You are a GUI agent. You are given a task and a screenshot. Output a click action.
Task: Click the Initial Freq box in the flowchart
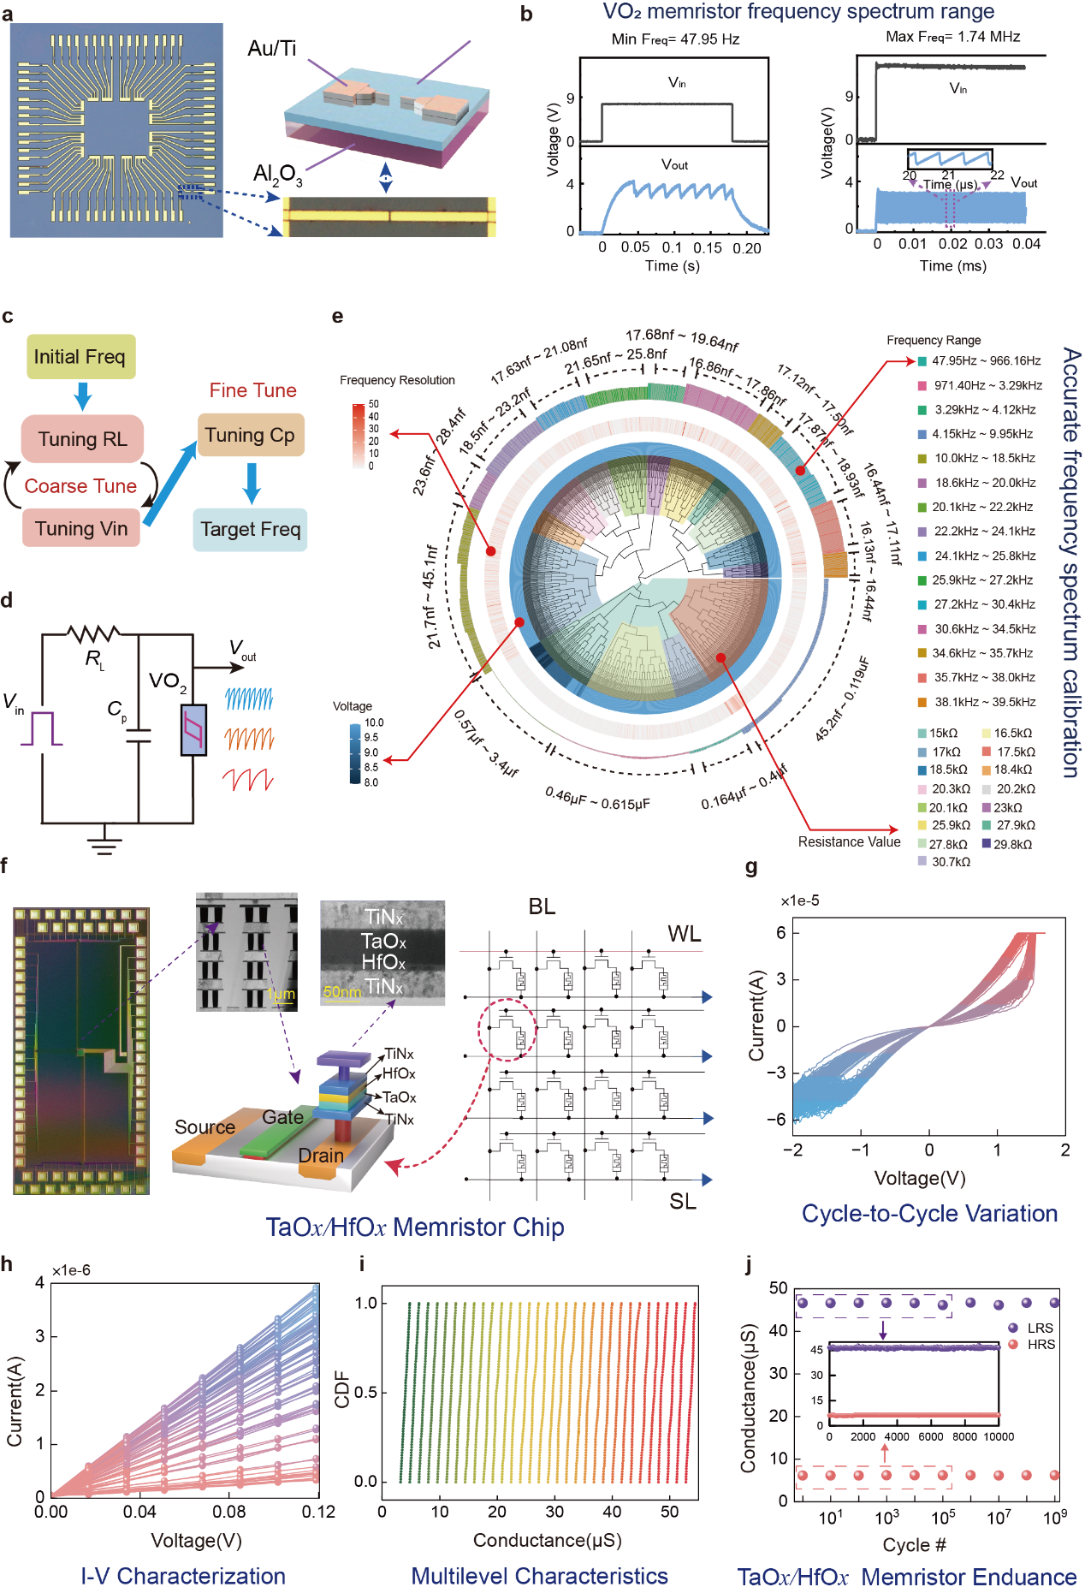[x=80, y=357]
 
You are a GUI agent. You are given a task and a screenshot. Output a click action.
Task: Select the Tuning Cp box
[x=250, y=435]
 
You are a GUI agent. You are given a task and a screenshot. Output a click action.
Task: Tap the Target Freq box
[x=250, y=529]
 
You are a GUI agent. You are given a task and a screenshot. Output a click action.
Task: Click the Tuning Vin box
[x=81, y=528]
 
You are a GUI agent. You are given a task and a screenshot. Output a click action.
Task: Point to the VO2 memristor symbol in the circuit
[x=193, y=729]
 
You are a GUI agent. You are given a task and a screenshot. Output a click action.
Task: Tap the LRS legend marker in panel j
[x=1013, y=1328]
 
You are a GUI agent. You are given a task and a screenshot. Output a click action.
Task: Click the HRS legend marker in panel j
[x=1013, y=1344]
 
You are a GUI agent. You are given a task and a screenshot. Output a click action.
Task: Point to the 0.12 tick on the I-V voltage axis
[x=318, y=1512]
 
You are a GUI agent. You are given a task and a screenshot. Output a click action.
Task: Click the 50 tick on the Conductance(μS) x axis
[x=670, y=1512]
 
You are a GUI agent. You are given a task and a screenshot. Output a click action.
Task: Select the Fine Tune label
[x=252, y=390]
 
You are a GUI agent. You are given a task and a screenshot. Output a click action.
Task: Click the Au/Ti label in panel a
[x=272, y=49]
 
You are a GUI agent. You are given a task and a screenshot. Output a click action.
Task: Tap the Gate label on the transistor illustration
[x=282, y=1117]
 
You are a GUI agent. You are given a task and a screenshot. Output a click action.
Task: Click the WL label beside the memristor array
[x=684, y=934]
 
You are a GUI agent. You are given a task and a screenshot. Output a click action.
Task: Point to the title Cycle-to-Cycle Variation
[x=929, y=1214]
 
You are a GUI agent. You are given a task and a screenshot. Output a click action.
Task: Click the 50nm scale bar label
[x=341, y=992]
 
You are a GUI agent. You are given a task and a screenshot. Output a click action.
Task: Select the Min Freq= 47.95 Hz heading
[x=675, y=39]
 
